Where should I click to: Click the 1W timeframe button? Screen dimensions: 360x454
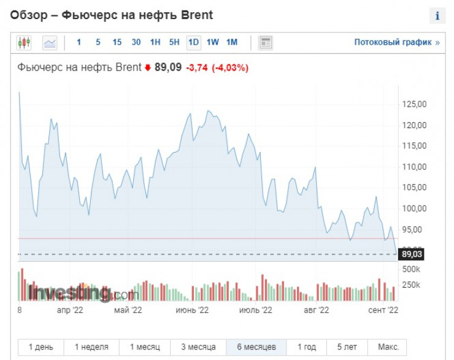tap(212, 42)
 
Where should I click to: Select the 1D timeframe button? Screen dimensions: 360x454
tap(193, 42)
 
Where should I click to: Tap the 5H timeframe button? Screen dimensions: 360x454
tap(174, 42)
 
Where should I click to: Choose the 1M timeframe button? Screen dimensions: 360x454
tap(231, 42)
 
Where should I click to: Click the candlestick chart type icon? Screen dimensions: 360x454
tap(24, 43)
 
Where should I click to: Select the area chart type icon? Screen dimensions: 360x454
tap(50, 43)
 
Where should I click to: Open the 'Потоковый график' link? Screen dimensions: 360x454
tap(397, 42)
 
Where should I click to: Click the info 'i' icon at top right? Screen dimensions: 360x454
tap(437, 16)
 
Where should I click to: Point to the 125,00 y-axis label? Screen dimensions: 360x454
tap(413, 104)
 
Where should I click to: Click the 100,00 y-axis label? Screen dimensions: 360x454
tap(413, 209)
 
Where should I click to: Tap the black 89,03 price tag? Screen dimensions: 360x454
tap(412, 254)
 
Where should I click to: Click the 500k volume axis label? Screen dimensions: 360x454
tap(411, 269)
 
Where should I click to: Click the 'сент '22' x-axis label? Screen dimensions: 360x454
tap(383, 310)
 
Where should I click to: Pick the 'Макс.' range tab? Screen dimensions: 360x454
tap(388, 347)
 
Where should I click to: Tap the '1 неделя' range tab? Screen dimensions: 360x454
tap(91, 347)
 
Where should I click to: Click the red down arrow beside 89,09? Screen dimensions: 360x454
tap(147, 68)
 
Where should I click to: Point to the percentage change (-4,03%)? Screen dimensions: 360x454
tap(230, 68)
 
